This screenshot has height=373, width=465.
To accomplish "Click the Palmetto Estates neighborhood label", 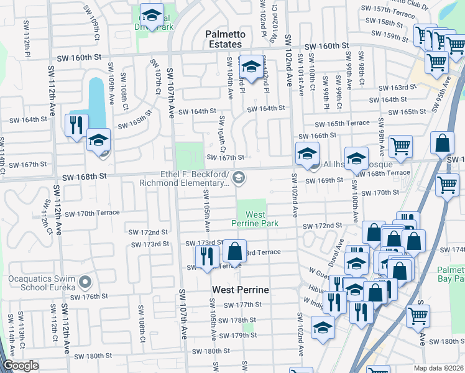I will tap(224, 39).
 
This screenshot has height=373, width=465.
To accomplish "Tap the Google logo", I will tap(21, 366).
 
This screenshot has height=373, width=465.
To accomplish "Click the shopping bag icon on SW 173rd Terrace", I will tap(235, 251).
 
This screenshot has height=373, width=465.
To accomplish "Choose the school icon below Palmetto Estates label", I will tap(251, 67).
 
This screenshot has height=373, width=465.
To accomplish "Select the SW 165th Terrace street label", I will tap(347, 124).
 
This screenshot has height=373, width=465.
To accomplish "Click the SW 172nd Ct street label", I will tap(45, 213).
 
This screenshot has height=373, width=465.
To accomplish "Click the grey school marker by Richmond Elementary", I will tap(240, 179).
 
